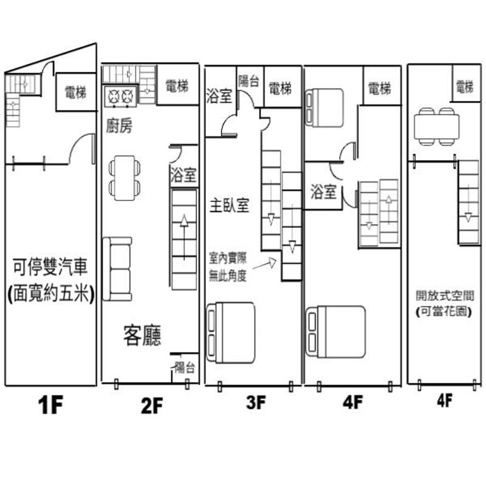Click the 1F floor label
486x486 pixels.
pyautogui.click(x=50, y=405)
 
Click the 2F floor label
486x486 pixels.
pyautogui.click(x=151, y=405)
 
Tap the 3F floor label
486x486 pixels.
pyautogui.click(x=256, y=402)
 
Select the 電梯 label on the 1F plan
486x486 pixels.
pyautogui.click(x=75, y=92)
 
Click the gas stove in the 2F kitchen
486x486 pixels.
pyautogui.click(x=120, y=96)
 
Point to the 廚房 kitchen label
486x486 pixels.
pyautogui.click(x=119, y=126)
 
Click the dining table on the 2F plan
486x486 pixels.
pyautogui.click(x=125, y=178)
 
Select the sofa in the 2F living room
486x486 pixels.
pyautogui.click(x=117, y=269)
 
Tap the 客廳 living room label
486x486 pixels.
pyautogui.click(x=142, y=335)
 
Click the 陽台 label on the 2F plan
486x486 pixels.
pyautogui.click(x=185, y=368)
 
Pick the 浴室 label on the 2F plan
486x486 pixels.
pyautogui.click(x=183, y=174)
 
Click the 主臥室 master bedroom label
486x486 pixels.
pyautogui.click(x=230, y=205)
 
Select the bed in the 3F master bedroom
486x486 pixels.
pyautogui.click(x=231, y=332)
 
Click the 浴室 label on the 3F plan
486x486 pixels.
pyautogui.click(x=219, y=96)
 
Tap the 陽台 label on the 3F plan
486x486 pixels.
pyautogui.click(x=248, y=81)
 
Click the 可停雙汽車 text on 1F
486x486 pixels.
pyautogui.click(x=50, y=267)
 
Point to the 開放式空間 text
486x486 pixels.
pyautogui.click(x=445, y=296)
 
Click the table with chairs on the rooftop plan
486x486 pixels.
pyautogui.click(x=436, y=126)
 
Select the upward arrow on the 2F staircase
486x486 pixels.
pyautogui.click(x=184, y=237)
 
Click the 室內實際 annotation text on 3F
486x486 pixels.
pyautogui.click(x=228, y=258)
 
